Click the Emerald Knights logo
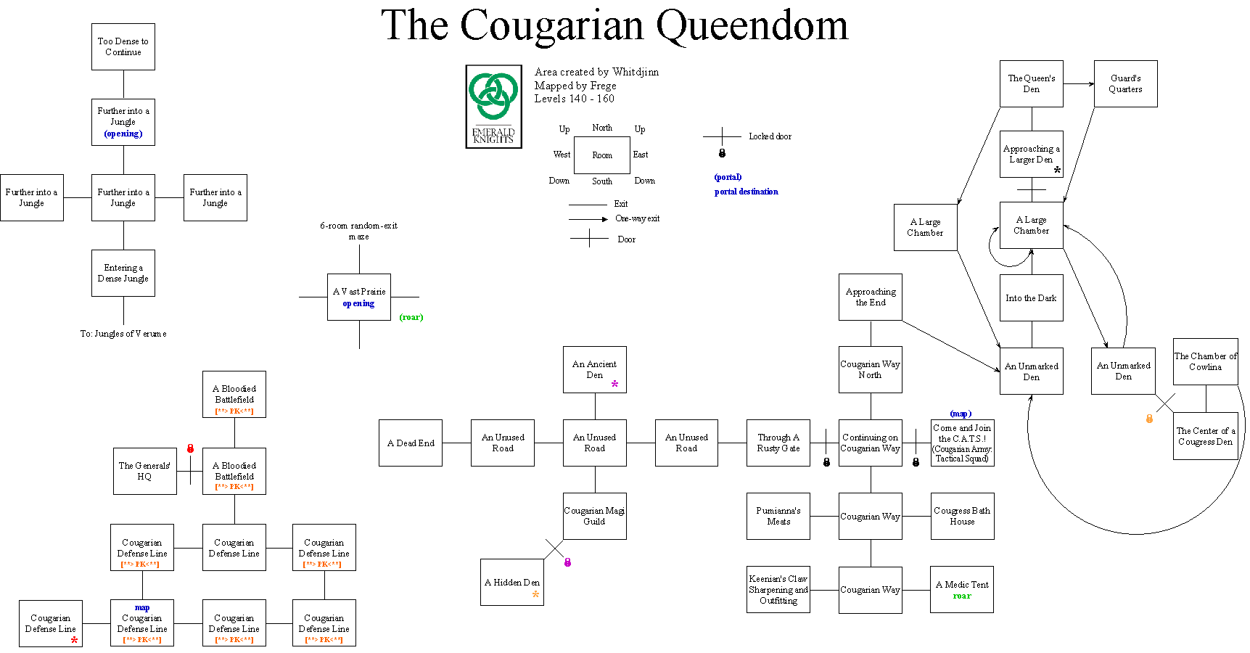493,106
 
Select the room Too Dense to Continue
123,46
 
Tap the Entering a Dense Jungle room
123,273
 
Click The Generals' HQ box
145,471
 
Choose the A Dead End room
411,443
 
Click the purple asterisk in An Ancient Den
614,385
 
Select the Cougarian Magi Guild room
595,516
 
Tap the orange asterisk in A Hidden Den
535,595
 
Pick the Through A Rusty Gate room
778,443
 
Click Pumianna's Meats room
778,516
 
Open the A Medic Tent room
962,589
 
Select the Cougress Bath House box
962,516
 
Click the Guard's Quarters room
1125,83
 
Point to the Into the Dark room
1031,297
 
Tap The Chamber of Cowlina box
1205,361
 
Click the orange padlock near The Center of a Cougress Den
1149,419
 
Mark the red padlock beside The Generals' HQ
190,448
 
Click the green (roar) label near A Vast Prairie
411,317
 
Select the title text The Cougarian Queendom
614,25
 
